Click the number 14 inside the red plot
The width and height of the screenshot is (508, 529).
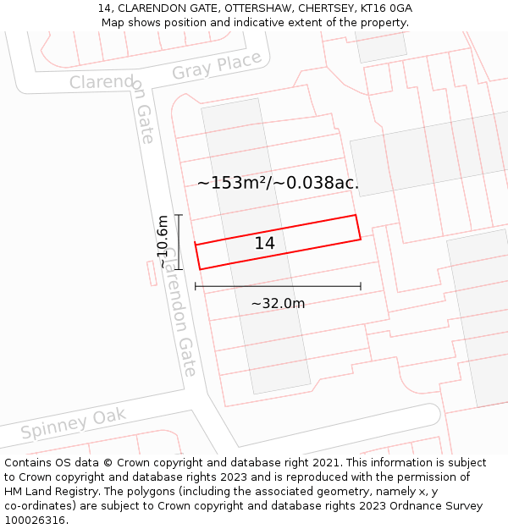point(265,244)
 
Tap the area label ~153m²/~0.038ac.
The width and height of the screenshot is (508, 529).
point(278,183)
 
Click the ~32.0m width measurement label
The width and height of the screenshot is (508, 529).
point(278,304)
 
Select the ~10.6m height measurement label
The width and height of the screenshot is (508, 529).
point(163,242)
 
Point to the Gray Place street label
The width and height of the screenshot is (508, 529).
point(217,66)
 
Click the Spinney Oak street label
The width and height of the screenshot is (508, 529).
point(74,423)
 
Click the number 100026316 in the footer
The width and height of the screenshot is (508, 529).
point(35,521)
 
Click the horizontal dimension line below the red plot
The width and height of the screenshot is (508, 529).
point(278,286)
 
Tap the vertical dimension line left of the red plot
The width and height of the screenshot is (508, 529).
point(178,242)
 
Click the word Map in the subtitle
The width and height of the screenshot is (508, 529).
point(113,23)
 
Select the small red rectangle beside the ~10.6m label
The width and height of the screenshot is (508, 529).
point(152,273)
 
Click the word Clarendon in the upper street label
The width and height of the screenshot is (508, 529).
point(102,83)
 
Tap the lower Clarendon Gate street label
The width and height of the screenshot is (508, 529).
point(179,313)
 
